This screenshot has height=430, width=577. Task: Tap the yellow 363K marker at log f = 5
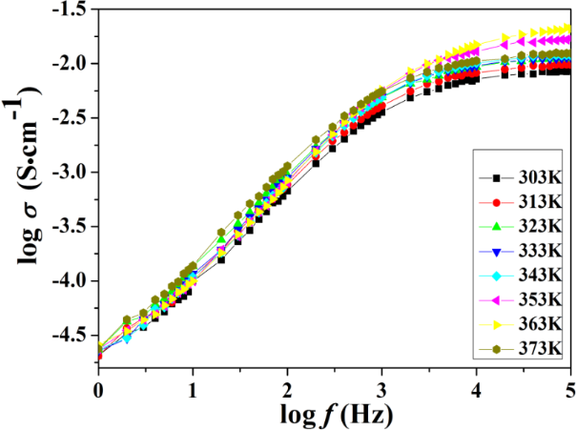point(569,31)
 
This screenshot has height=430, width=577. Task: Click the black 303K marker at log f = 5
point(569,71)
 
